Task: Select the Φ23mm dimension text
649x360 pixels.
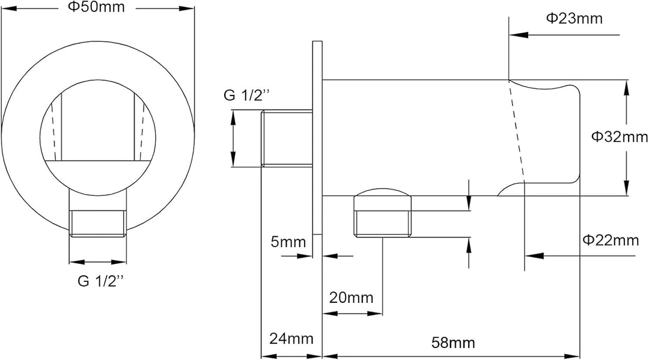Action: pyautogui.click(x=574, y=18)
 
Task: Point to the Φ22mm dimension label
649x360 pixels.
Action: pyautogui.click(x=611, y=240)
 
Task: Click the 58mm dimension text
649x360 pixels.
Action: pyautogui.click(x=454, y=343)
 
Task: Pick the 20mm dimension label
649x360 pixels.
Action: pyautogui.click(x=350, y=297)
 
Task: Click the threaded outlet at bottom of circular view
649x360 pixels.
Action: pyautogui.click(x=98, y=223)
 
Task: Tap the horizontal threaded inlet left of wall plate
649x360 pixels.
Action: pyautogui.click(x=287, y=138)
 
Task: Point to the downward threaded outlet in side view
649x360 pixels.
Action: pyautogui.click(x=383, y=221)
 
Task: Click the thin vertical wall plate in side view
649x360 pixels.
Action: pyautogui.click(x=317, y=139)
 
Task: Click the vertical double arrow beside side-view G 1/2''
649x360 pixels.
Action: pyautogui.click(x=233, y=138)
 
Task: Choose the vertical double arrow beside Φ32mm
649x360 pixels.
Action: pyautogui.click(x=627, y=136)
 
